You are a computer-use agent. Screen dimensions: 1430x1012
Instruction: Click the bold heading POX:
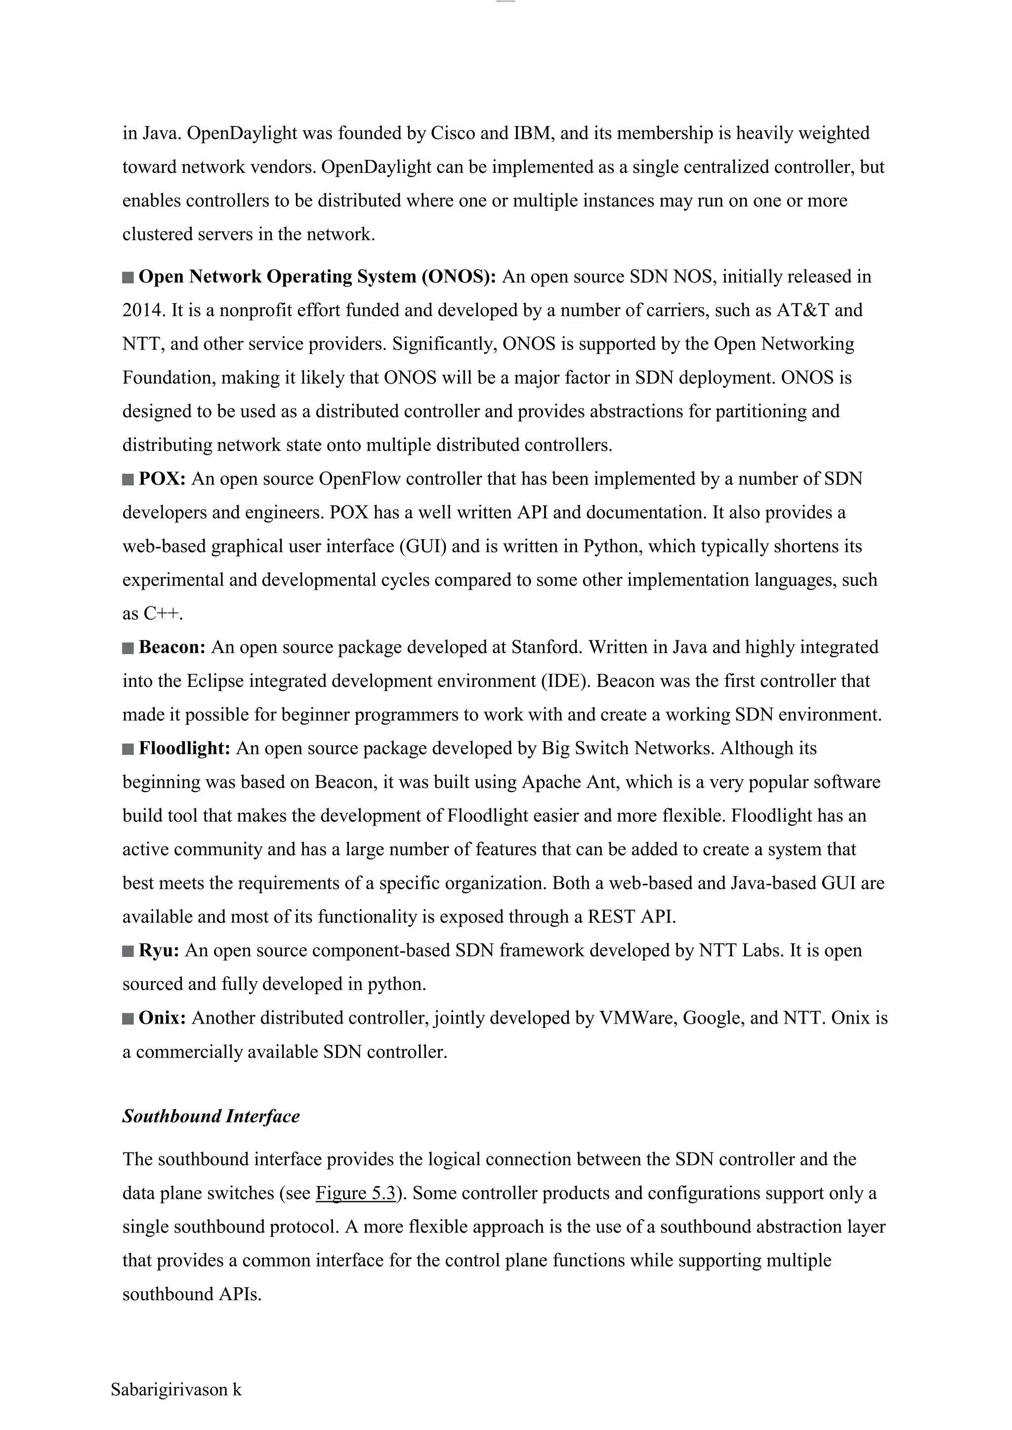pos(162,479)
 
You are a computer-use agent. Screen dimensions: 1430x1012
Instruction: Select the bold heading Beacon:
pos(172,647)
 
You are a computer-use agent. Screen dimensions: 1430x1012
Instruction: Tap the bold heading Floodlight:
pos(184,748)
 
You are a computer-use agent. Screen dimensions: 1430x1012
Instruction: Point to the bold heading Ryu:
pos(159,951)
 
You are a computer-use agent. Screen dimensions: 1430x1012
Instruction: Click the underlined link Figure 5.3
pos(356,1193)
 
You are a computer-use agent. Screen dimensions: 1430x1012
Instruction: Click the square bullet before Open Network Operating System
pos(128,277)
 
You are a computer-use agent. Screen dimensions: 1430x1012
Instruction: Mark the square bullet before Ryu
pos(128,951)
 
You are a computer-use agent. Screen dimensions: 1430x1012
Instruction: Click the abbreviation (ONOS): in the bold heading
pos(459,277)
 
